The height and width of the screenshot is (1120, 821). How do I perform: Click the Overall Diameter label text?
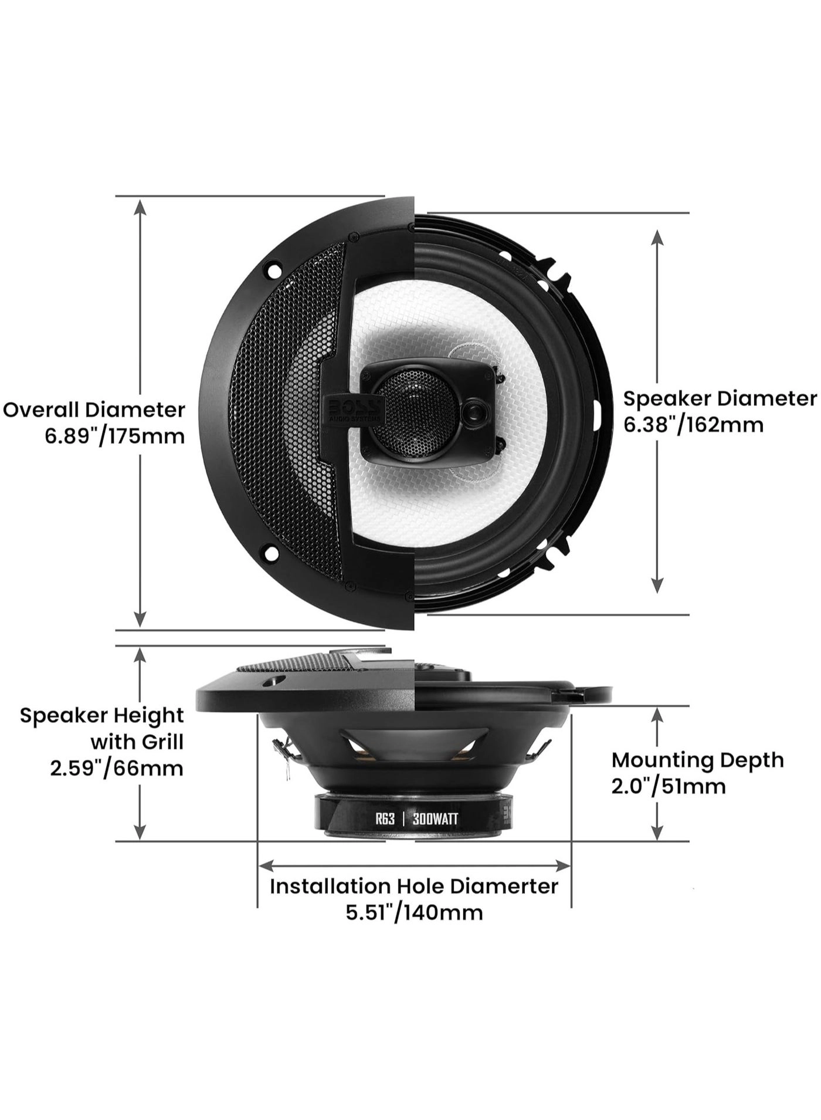(94, 410)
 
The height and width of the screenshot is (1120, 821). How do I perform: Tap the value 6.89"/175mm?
(114, 436)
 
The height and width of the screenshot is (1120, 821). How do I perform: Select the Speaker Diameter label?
(720, 399)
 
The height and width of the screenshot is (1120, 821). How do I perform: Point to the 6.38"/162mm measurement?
(693, 425)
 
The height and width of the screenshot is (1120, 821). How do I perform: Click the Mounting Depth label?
(697, 760)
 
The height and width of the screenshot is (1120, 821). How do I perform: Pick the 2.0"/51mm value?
(669, 786)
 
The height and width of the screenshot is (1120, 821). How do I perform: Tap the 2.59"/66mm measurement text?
(116, 768)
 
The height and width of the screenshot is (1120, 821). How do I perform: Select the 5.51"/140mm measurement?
(414, 913)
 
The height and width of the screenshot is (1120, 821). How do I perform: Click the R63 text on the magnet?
(385, 819)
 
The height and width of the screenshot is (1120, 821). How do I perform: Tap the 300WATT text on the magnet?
(435, 819)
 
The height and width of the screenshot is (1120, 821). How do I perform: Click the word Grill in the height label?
(162, 742)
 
